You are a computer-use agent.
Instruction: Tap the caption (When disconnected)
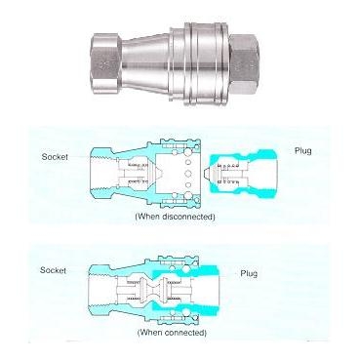point(176,215)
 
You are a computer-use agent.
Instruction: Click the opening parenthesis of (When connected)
point(136,333)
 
